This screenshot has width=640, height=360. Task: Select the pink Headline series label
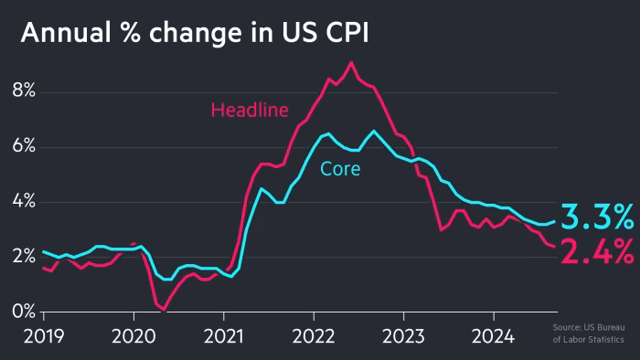250,111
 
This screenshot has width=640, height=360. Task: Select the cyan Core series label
340,169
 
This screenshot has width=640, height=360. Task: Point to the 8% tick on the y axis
23,91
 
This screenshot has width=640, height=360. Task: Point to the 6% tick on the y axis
23,147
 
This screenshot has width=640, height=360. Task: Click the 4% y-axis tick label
23,202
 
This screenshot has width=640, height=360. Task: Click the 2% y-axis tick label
23,257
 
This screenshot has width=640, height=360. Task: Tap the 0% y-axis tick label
23,312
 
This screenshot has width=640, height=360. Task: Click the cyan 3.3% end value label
596,218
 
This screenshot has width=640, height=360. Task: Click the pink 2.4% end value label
596,251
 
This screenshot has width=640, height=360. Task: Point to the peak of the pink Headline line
351,63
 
